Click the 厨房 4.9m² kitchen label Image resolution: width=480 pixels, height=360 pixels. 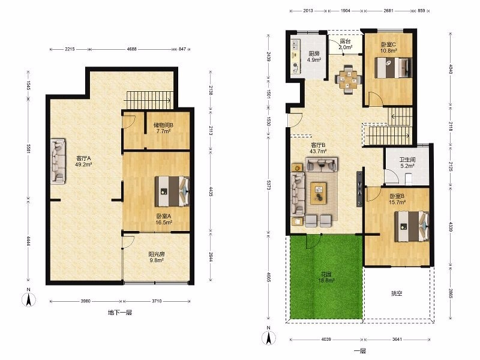pyautogui.click(x=314, y=56)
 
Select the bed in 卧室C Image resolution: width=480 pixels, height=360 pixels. pyautogui.click(x=394, y=68)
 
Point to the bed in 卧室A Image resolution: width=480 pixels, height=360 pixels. pyautogui.click(x=172, y=191)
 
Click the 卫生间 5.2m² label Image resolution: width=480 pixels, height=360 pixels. pyautogui.click(x=407, y=163)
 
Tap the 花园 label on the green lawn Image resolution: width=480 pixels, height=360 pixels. pyautogui.click(x=326, y=277)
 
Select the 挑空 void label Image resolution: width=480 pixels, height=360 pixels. pyautogui.click(x=397, y=293)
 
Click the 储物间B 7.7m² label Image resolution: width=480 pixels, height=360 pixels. pyautogui.click(x=163, y=128)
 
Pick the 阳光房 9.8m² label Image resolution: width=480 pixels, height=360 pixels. pyautogui.click(x=157, y=257)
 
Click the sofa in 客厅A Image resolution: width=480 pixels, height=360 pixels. pyautogui.click(x=58, y=161)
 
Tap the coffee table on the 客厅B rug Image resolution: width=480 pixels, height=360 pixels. pyautogui.click(x=319, y=193)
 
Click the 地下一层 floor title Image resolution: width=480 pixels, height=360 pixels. pyautogui.click(x=120, y=313)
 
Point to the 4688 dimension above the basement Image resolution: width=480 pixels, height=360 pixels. pyautogui.click(x=131, y=49)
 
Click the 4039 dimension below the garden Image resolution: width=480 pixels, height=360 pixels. pyautogui.click(x=326, y=339)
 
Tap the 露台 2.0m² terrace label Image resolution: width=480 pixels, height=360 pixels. pyautogui.click(x=346, y=44)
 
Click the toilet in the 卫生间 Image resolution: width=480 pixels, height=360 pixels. pyautogui.click(x=409, y=179)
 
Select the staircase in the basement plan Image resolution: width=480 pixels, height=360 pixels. pyautogui.click(x=149, y=100)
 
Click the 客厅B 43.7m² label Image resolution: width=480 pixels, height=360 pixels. pyautogui.click(x=319, y=148)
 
